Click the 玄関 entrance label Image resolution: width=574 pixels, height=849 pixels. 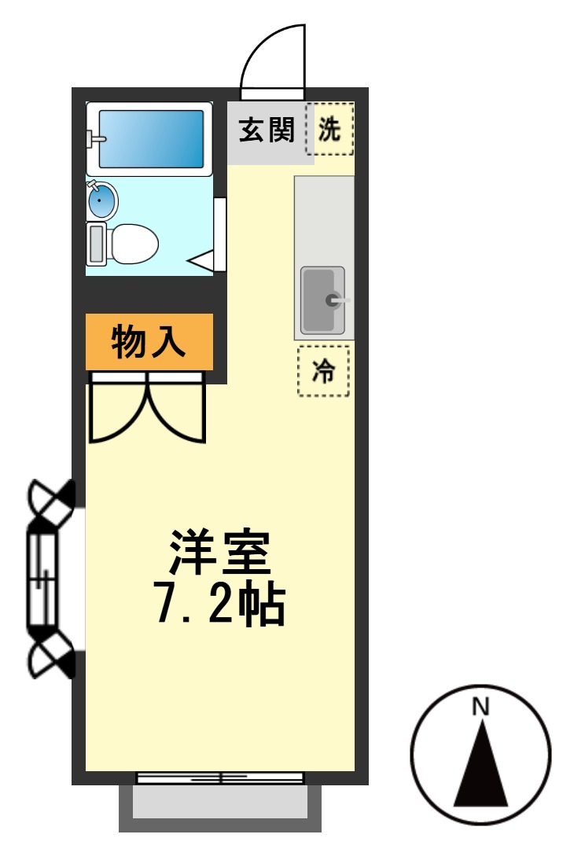click(x=267, y=130)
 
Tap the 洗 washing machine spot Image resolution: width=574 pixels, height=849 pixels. click(x=329, y=129)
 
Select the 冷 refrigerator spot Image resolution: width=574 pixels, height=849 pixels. click(x=323, y=372)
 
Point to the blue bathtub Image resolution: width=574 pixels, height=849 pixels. click(x=151, y=138)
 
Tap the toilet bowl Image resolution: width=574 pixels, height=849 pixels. click(x=132, y=244)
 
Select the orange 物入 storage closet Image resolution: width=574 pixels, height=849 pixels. click(x=149, y=342)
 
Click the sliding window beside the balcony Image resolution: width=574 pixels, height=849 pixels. click(x=220, y=777)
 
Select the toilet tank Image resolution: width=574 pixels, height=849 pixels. click(x=97, y=244)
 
